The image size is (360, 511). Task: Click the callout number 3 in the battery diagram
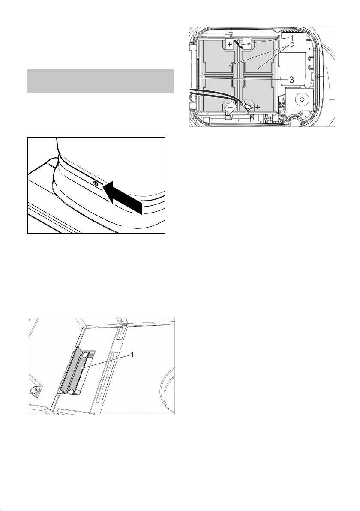point(292,79)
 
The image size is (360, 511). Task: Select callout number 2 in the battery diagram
point(292,45)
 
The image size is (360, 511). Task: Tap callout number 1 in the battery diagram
point(292,37)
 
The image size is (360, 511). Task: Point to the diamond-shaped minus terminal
point(230,107)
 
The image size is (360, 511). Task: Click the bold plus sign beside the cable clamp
point(258,107)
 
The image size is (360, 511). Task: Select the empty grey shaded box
point(100,81)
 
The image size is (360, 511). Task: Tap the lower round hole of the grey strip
point(71,390)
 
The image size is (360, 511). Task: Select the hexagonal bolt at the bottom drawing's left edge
point(34,390)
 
